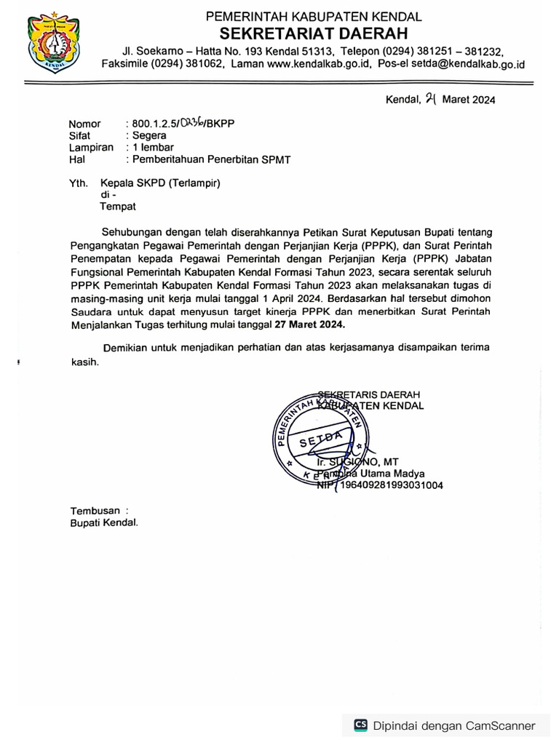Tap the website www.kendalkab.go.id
pyautogui.click(x=315, y=65)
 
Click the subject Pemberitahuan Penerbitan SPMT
pyautogui.click(x=211, y=159)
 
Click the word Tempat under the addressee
pyautogui.click(x=117, y=207)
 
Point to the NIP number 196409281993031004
pyautogui.click(x=389, y=486)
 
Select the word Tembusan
pyautogui.click(x=95, y=510)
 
